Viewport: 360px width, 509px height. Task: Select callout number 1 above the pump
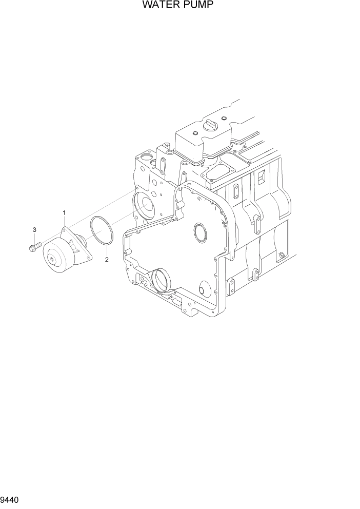coord(64,212)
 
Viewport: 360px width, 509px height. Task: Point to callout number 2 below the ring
coord(107,260)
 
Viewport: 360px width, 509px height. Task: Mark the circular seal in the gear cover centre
coord(200,231)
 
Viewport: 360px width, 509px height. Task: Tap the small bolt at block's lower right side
coord(281,255)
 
